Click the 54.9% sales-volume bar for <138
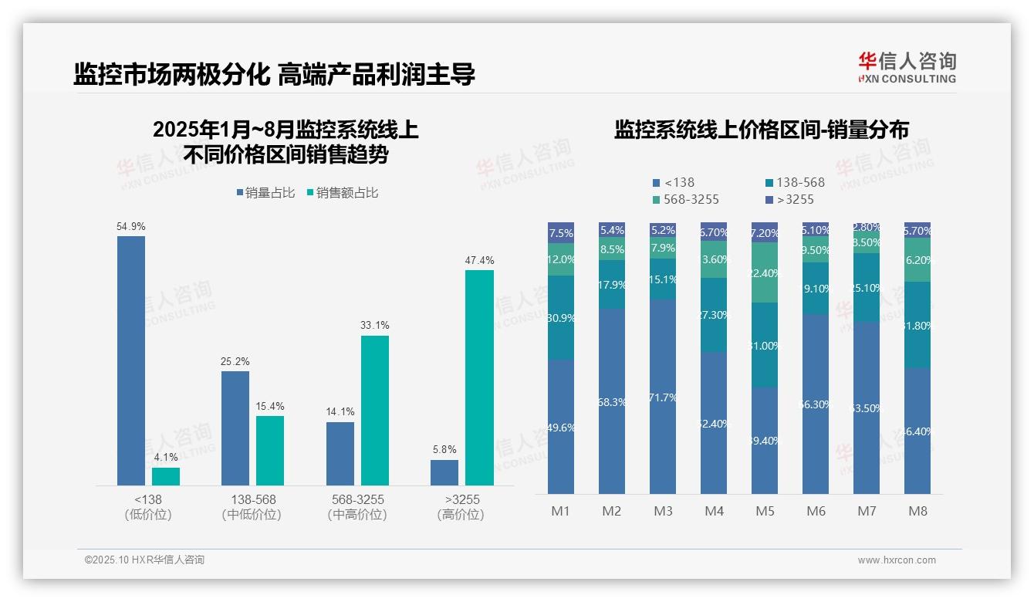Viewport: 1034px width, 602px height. pos(131,360)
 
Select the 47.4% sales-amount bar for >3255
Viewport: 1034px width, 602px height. pos(479,377)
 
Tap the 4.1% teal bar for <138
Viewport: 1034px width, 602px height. pos(166,476)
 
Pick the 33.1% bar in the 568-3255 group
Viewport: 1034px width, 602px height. pos(375,410)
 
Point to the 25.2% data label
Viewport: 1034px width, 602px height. pos(235,361)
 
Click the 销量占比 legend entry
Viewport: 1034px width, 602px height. pos(266,193)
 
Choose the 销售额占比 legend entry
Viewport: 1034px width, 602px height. pos(343,193)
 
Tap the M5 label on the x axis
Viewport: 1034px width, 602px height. pos(765,511)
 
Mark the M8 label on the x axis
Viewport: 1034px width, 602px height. pos(917,511)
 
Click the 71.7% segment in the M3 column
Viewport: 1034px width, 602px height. pos(663,397)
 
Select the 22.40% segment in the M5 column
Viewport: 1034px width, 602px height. pos(765,273)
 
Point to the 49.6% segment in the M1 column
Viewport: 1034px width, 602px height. pos(561,427)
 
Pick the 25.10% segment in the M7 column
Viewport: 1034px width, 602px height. pos(867,287)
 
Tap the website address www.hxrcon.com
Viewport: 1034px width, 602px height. pos(897,560)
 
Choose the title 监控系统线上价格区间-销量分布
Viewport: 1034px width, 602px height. pos(761,130)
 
